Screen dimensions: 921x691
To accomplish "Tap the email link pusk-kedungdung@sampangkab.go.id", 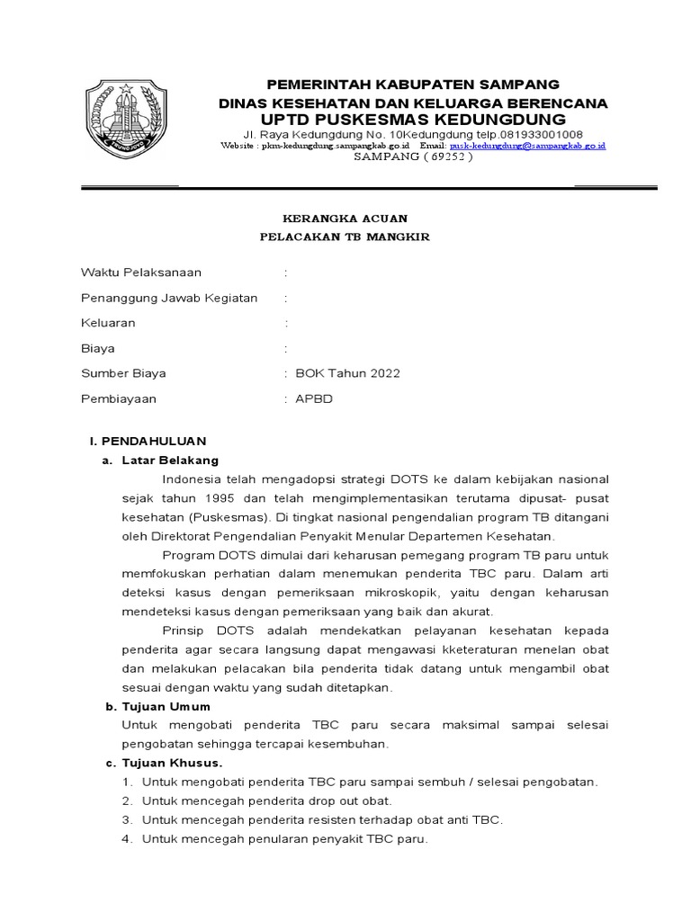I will click(x=527, y=145).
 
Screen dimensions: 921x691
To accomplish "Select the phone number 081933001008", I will click(x=537, y=133).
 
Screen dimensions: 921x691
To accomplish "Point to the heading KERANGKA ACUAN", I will click(x=345, y=219).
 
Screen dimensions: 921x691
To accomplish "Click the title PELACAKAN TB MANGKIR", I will click(x=345, y=237).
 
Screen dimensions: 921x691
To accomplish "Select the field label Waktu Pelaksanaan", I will click(x=141, y=273).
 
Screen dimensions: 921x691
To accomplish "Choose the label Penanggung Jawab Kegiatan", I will click(x=169, y=298).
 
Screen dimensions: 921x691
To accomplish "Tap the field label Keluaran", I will click(x=108, y=323).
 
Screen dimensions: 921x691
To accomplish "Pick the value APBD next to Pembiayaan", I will click(x=314, y=398).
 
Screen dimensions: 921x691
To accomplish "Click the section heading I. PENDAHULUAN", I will click(x=148, y=441).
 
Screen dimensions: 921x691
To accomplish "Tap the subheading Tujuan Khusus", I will click(x=171, y=764).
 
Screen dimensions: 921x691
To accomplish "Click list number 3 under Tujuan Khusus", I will click(x=129, y=820).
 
